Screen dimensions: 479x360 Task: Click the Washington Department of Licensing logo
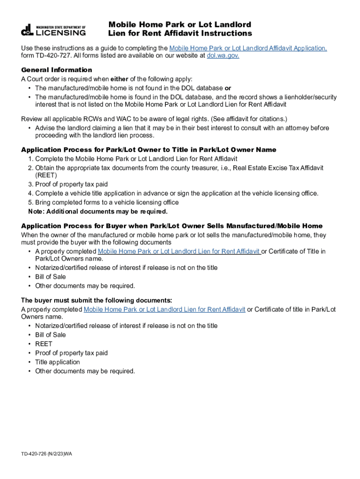pos(53,29)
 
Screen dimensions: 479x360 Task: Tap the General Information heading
pos(57,70)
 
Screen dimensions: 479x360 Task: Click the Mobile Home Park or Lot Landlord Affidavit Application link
pos(248,48)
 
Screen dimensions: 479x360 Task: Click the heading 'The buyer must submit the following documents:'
pos(96,300)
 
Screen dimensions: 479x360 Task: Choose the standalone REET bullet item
pos(43,344)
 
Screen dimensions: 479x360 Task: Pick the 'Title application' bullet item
pos(57,362)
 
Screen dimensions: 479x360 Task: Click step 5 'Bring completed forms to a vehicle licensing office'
pos(107,203)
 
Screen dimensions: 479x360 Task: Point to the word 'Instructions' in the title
pos(226,33)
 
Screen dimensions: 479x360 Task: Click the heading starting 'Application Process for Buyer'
pos(172,226)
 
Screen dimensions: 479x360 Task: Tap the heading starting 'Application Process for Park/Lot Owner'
pos(149,150)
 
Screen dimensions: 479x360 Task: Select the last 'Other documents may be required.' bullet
pos(85,371)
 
